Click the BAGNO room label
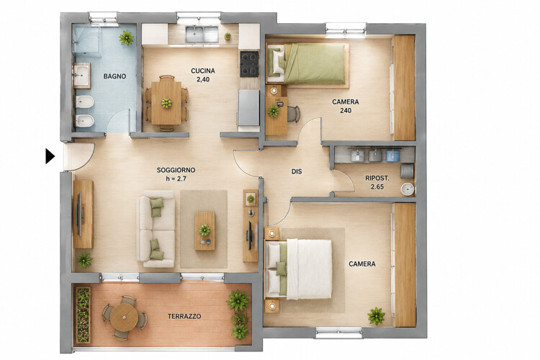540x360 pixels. [x=114, y=76]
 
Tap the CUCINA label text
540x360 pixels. [x=203, y=71]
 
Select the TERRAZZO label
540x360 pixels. [x=184, y=316]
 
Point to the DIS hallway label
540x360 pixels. [x=297, y=171]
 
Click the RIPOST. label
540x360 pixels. [x=377, y=179]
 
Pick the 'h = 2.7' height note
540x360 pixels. [x=176, y=179]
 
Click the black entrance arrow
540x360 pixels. [x=50, y=156]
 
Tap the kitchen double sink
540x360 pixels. [x=202, y=34]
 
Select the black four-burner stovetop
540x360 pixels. [x=249, y=64]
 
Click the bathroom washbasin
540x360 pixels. [x=81, y=75]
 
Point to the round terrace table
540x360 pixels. [x=124, y=318]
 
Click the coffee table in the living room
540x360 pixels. [x=204, y=231]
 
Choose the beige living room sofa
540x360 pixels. [x=156, y=229]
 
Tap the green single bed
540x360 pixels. [x=306, y=63]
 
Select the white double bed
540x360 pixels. [x=298, y=269]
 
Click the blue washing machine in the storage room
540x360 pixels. [x=392, y=155]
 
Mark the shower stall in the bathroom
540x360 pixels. [x=86, y=40]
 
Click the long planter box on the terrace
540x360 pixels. [x=83, y=315]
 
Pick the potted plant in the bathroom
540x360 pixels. [x=127, y=37]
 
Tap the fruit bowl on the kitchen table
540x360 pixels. [x=166, y=103]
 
